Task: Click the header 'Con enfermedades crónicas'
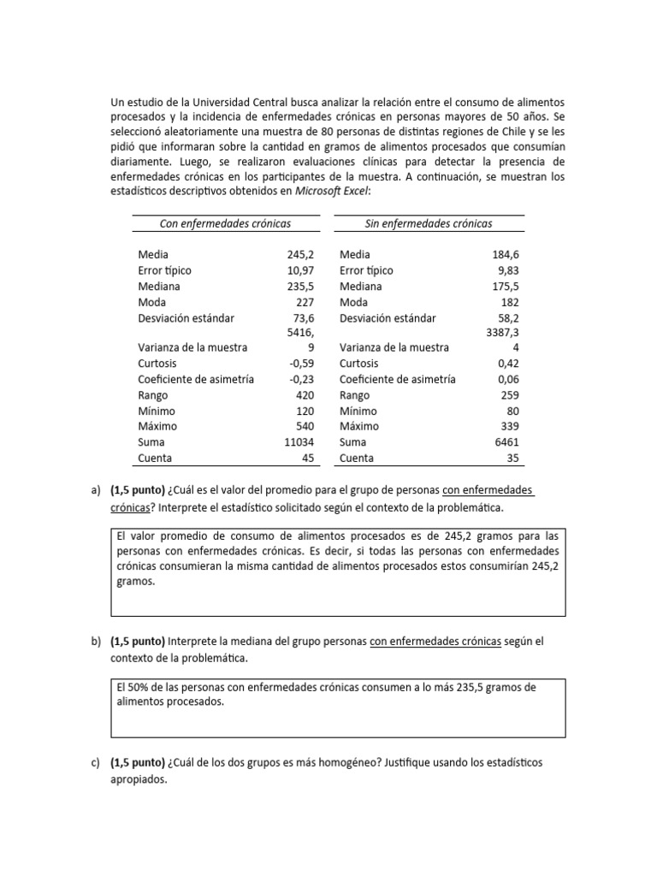(225, 223)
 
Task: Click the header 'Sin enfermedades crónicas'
(429, 223)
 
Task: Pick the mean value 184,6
(504, 255)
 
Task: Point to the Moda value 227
(306, 302)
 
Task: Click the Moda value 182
(510, 302)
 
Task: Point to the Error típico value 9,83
(506, 270)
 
